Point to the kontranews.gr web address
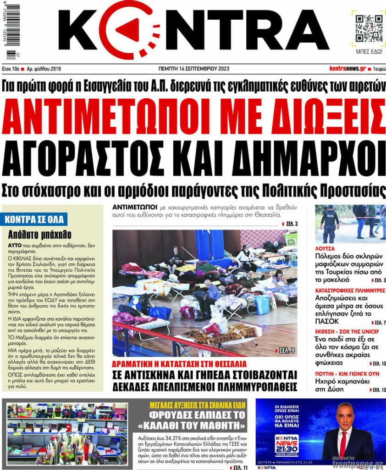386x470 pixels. [x=347, y=69]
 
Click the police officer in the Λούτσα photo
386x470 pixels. [x=329, y=224]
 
